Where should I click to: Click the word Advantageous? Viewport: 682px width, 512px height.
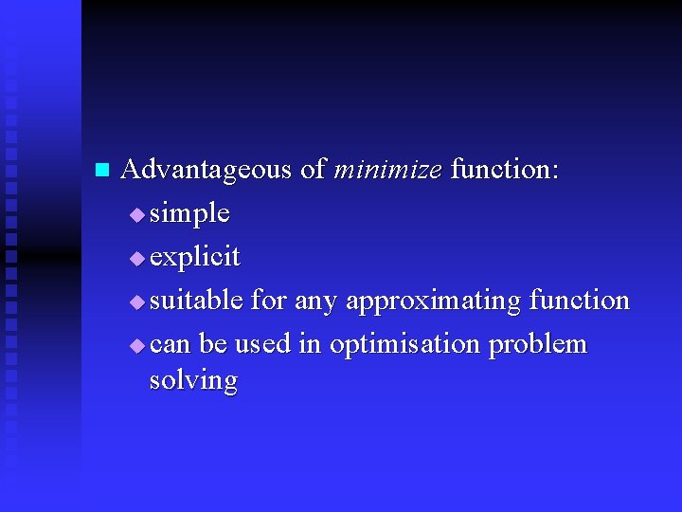click(x=206, y=170)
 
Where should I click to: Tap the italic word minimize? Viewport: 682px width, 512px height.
click(x=387, y=170)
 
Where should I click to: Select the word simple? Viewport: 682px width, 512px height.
click(x=189, y=213)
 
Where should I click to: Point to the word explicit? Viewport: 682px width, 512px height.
click(x=195, y=257)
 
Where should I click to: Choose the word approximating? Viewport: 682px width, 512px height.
click(x=433, y=302)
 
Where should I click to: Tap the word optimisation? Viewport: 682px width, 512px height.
click(x=405, y=344)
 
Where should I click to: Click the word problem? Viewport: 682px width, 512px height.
click(x=538, y=345)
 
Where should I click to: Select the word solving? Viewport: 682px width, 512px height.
click(x=193, y=381)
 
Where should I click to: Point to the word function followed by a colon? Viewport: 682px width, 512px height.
click(x=504, y=170)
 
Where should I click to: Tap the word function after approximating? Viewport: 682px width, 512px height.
click(x=579, y=301)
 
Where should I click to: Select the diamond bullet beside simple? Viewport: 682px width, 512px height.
click(x=137, y=215)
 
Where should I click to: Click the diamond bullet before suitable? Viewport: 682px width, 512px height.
click(x=137, y=302)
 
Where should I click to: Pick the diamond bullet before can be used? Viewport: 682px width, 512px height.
click(x=137, y=346)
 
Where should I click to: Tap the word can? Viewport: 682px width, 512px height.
click(x=170, y=345)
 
